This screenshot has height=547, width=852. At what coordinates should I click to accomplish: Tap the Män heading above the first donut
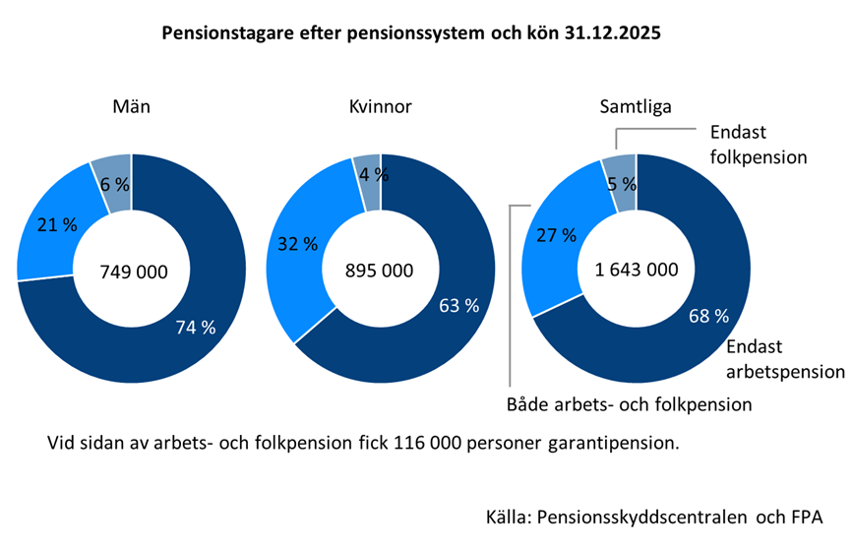pyautogui.click(x=132, y=107)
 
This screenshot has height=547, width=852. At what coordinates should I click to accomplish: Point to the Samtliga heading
pyautogui.click(x=636, y=107)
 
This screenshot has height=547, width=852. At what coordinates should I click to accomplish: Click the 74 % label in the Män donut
pyautogui.click(x=195, y=328)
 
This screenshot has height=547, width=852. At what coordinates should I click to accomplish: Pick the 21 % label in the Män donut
pyautogui.click(x=57, y=225)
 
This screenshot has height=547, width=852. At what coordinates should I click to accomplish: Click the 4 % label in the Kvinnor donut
pyautogui.click(x=372, y=175)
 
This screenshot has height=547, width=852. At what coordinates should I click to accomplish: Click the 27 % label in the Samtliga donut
pyautogui.click(x=557, y=235)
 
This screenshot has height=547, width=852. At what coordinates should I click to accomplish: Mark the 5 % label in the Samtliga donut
pyautogui.click(x=623, y=182)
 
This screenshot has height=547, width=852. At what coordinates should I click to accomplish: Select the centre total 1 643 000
pyautogui.click(x=637, y=272)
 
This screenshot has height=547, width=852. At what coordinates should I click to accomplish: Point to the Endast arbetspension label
pyautogui.click(x=785, y=359)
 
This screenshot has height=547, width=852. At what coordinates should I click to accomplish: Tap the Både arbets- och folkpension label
pyautogui.click(x=630, y=403)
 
